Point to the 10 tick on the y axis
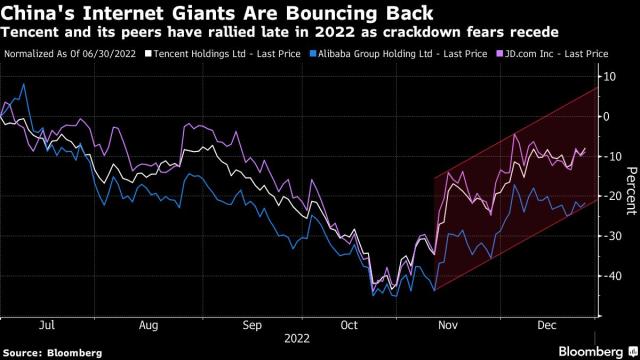point(607,77)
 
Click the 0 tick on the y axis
point(605,117)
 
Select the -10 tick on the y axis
point(607,157)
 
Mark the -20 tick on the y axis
point(607,197)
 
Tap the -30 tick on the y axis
point(607,237)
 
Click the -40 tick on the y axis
point(607,277)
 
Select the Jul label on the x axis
point(47,325)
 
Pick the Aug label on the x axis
point(151,325)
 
